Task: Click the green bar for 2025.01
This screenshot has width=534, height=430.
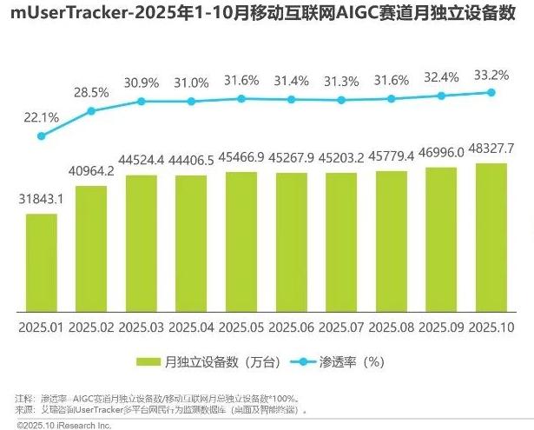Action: tap(41, 261)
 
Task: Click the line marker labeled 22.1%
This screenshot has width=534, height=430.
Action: tap(41, 136)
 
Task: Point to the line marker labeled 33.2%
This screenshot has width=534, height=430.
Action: tap(492, 92)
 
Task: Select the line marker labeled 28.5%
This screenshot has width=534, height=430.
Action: tap(91, 110)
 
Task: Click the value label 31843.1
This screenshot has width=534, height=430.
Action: tap(41, 200)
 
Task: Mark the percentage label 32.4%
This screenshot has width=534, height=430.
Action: tap(443, 76)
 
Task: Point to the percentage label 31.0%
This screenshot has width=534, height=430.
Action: tap(191, 83)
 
